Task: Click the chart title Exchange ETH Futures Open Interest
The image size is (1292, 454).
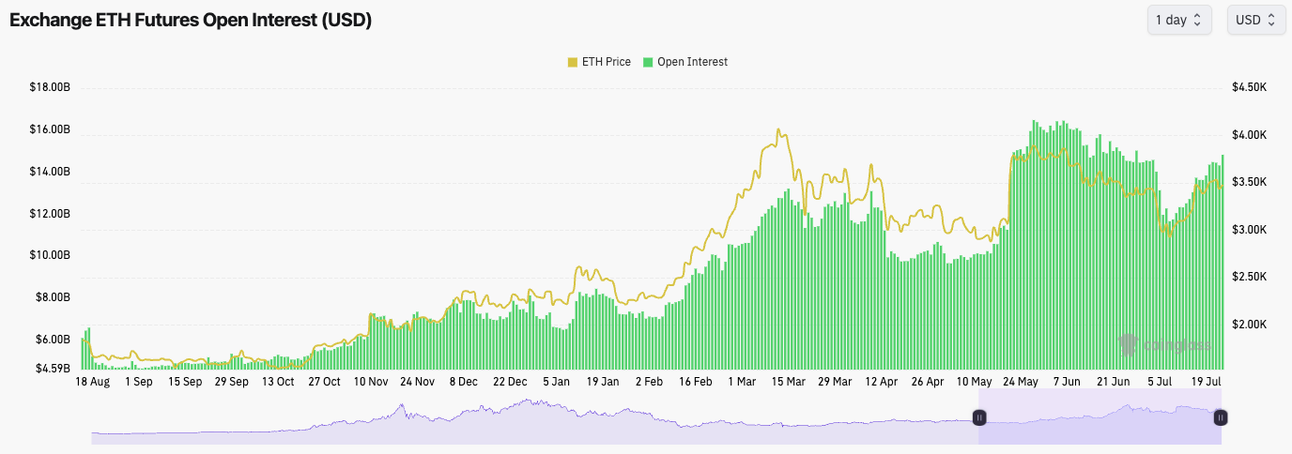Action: [191, 21]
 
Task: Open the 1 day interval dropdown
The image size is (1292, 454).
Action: [1178, 20]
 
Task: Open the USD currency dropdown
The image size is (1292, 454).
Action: [1255, 20]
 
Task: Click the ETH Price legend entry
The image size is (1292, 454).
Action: [599, 62]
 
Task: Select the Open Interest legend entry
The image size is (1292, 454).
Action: [684, 62]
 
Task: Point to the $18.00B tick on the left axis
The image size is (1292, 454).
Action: [50, 87]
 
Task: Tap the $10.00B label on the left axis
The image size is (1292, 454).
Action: [50, 255]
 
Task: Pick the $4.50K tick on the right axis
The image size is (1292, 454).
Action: [1250, 87]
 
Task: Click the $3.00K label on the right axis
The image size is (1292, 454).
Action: [1250, 230]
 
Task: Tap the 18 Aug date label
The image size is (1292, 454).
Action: [93, 382]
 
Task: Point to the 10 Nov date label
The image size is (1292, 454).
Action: [371, 382]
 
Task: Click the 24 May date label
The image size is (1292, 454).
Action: [1020, 382]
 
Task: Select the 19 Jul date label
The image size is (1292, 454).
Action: [1205, 382]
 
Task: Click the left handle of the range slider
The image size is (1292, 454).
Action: [978, 417]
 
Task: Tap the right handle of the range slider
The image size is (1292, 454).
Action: [1221, 417]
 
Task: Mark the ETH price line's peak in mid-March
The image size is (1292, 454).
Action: [779, 130]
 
